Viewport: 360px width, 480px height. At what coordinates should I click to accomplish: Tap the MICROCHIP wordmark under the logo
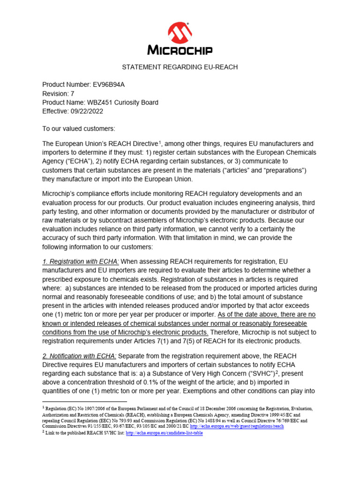[x=180, y=50]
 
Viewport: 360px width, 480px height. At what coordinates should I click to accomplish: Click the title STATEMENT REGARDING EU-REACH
[x=180, y=67]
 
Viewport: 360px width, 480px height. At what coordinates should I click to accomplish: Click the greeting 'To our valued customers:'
[x=79, y=128]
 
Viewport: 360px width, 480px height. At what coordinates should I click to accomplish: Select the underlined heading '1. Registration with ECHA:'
[x=81, y=261]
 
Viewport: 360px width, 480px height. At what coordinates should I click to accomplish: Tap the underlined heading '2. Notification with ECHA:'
[x=79, y=356]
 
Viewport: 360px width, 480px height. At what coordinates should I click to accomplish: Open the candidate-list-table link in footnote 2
[x=165, y=433]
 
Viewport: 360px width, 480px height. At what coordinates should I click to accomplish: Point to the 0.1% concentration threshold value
[x=160, y=383]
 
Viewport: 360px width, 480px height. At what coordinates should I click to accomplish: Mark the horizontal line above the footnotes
[x=84, y=402]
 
